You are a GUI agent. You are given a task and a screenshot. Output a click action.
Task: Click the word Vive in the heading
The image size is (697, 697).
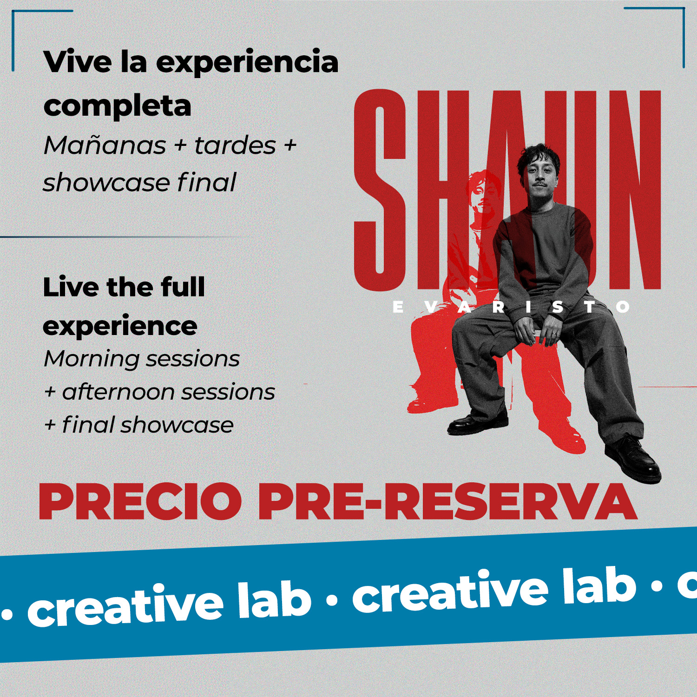point(77,61)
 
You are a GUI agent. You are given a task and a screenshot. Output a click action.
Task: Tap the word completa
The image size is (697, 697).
point(117,106)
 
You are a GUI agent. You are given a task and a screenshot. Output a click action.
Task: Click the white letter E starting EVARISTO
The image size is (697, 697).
point(398,307)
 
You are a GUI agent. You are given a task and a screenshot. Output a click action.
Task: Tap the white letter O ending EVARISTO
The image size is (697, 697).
point(623,307)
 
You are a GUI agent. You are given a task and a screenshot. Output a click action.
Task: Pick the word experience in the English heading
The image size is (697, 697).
point(120,326)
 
